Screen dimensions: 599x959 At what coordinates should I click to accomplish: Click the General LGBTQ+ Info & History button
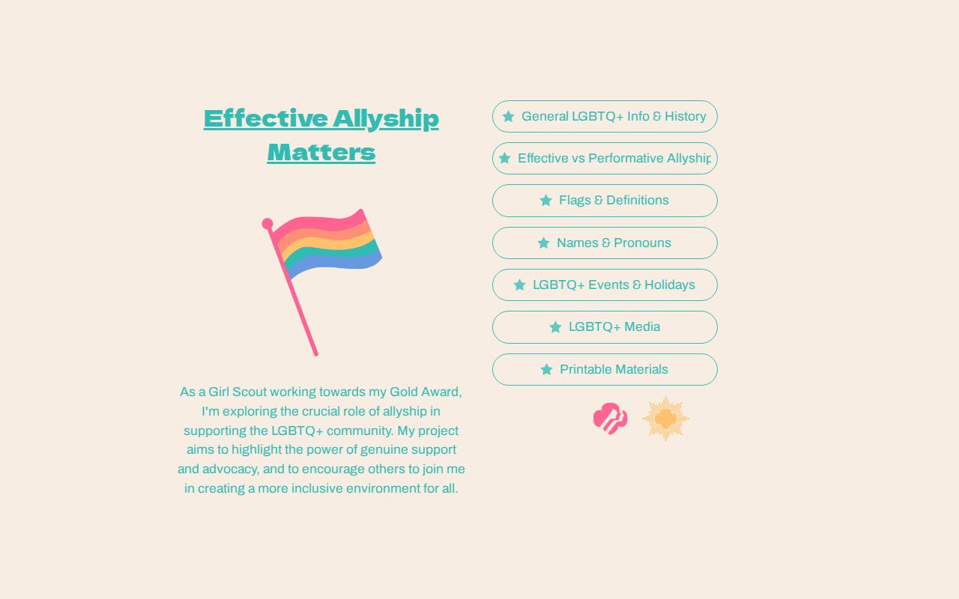605,117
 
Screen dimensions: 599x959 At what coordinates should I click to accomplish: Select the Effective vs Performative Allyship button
605,159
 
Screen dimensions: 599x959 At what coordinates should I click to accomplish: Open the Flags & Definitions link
605,201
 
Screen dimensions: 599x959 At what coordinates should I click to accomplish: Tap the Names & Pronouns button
605,243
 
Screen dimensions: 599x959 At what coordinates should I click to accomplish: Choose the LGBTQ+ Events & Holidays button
605,285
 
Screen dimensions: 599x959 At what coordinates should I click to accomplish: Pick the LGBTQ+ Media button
605,327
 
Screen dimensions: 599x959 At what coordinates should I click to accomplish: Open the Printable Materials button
605,369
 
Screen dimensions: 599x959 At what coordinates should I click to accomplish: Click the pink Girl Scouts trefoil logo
610,419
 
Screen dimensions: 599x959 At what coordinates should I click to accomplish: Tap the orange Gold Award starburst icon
665,419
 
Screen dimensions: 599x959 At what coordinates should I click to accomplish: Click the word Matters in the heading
321,152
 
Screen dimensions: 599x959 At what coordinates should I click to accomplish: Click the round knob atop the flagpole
267,223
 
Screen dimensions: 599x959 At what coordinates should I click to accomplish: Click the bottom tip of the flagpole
315,353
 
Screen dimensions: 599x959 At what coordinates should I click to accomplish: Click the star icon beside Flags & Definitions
545,201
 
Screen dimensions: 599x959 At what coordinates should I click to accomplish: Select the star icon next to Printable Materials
546,369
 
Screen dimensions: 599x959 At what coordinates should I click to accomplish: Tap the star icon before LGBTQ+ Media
555,327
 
